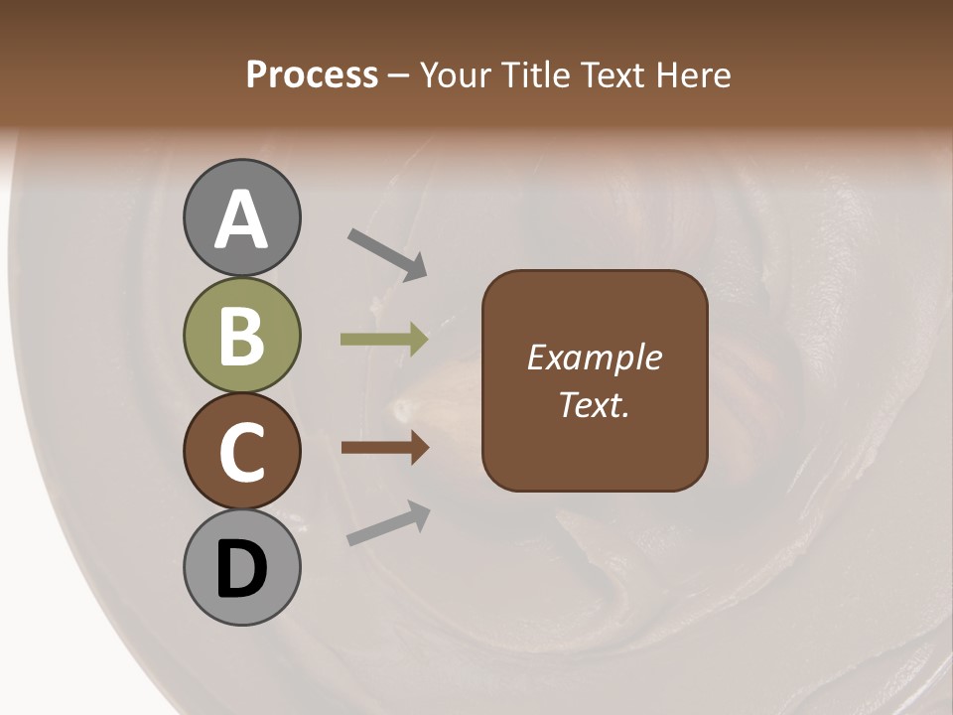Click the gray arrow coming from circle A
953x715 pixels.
coord(387,253)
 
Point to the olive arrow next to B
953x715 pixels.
coord(384,340)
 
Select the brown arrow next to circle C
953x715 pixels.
coord(384,448)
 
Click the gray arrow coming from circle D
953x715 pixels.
coord(388,523)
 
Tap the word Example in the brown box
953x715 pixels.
coord(594,357)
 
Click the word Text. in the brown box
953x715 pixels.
coord(594,404)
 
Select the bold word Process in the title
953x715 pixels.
coord(312,74)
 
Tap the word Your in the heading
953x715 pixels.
coord(453,74)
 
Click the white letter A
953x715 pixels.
coord(241,220)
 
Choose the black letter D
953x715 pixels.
coord(241,570)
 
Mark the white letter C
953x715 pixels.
coord(241,454)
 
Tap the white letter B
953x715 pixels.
coord(241,337)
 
